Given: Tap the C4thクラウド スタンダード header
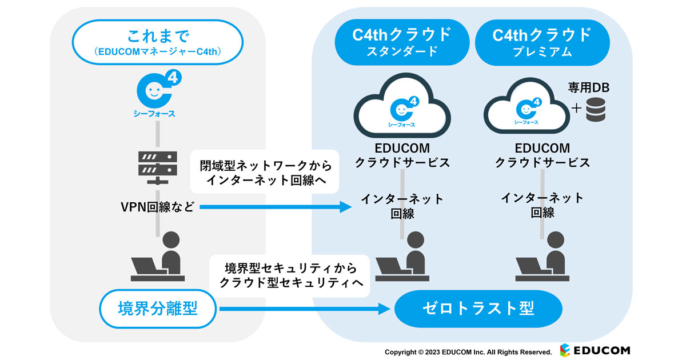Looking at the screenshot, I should click(401, 42).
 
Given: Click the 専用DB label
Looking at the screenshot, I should click(589, 87).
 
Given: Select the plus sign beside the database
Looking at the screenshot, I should click(577, 109).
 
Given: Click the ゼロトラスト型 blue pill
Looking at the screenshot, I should click(478, 309).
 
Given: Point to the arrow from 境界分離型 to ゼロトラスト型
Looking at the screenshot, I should click(303, 309).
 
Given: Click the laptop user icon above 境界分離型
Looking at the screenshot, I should click(157, 257).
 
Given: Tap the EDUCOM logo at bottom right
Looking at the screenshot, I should click(595, 350).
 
